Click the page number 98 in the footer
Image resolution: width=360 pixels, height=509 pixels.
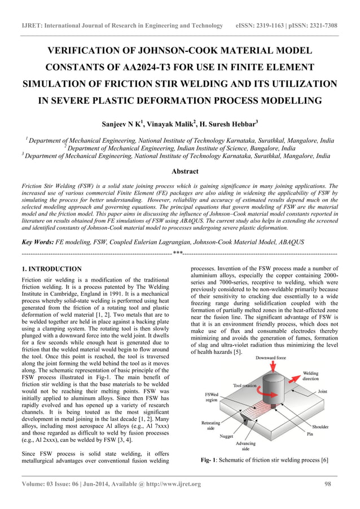click(x=328, y=484)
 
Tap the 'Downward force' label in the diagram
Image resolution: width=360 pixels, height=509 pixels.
click(x=271, y=357)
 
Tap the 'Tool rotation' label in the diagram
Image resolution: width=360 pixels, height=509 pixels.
click(x=246, y=385)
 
